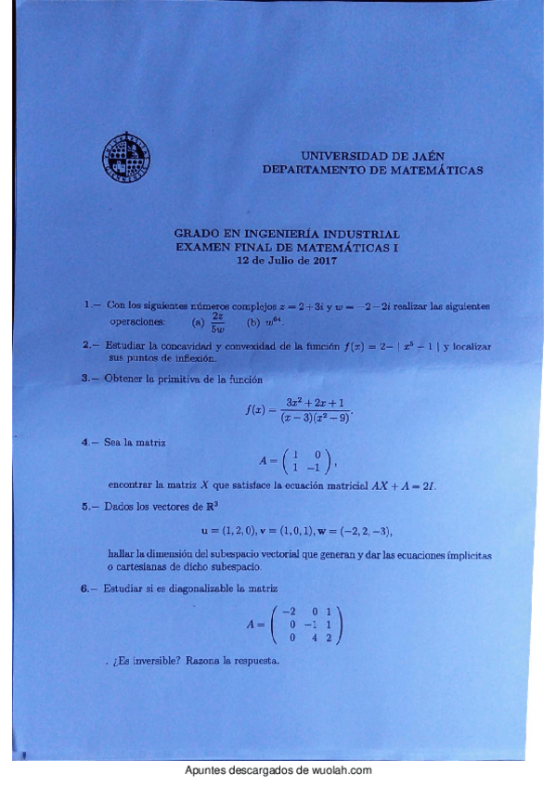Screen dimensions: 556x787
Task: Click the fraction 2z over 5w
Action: (217, 320)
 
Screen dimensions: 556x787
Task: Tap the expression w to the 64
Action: (271, 322)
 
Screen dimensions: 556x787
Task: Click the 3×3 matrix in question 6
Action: (307, 625)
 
